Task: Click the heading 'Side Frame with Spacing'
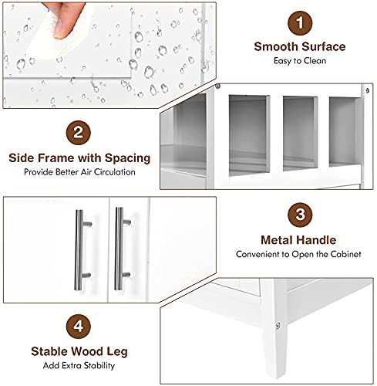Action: click(79, 157)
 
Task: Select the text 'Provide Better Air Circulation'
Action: click(79, 171)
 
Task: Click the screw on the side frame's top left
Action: click(218, 86)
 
